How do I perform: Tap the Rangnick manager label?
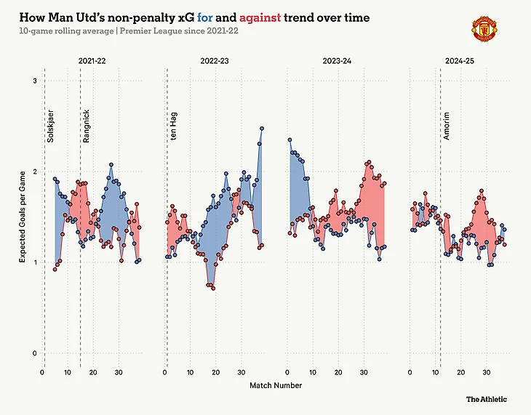click(86, 125)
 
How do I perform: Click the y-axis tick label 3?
click(34, 81)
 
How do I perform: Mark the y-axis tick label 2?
click(34, 172)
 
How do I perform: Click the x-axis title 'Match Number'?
click(276, 385)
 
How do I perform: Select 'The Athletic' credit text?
click(487, 399)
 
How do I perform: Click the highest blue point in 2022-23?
click(262, 129)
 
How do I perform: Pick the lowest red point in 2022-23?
click(213, 289)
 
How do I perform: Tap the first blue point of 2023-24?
click(290, 140)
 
